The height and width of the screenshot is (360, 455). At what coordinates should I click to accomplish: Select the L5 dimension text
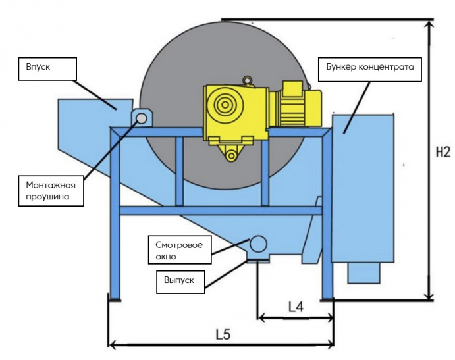tap(223, 334)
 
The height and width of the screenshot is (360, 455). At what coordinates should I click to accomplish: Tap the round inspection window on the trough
tap(257, 244)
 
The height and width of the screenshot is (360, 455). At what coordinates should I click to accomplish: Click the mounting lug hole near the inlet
tap(141, 118)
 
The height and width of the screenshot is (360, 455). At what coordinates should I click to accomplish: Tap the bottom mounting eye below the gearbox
tap(231, 155)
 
